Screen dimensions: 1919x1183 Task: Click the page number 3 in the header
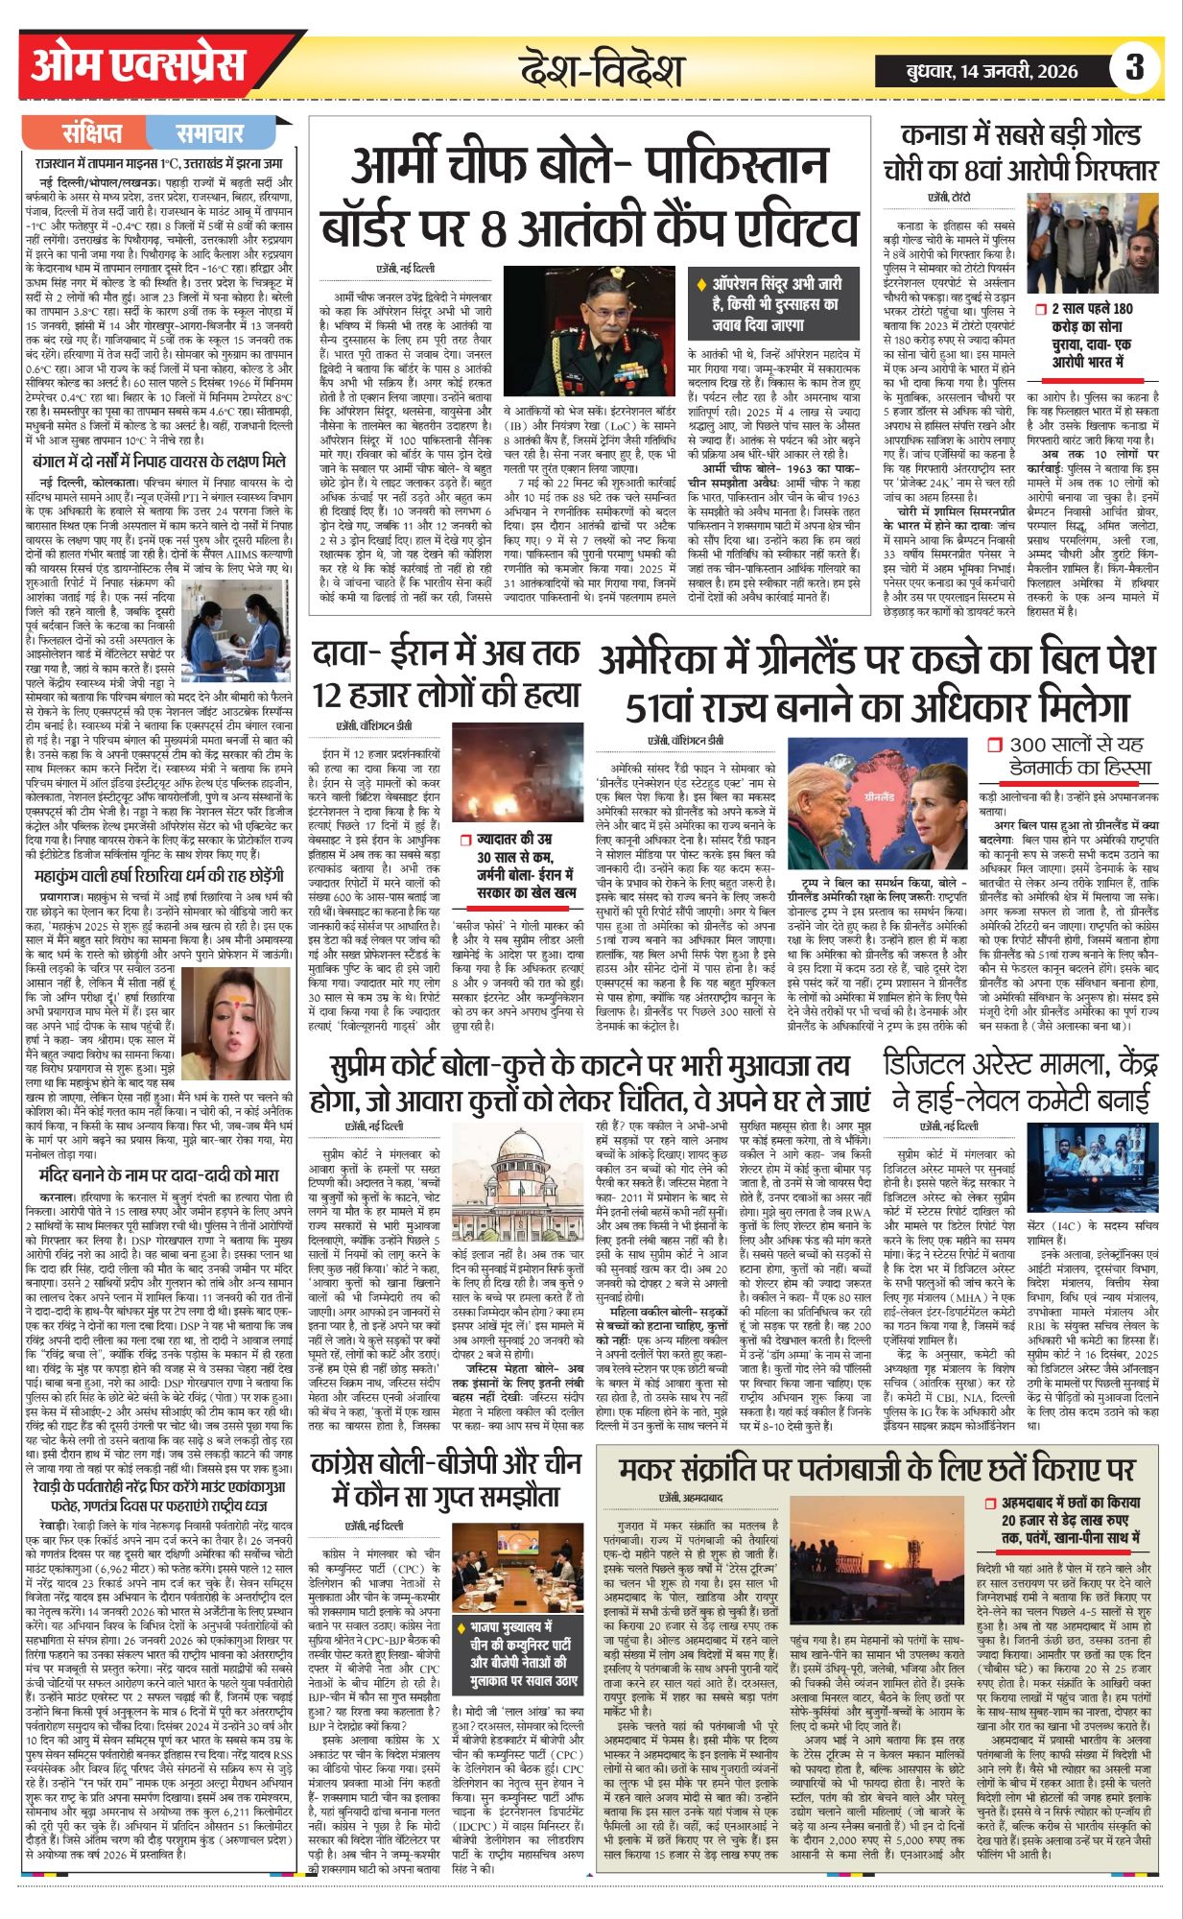(x=1136, y=68)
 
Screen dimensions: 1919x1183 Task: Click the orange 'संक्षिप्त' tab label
(x=92, y=133)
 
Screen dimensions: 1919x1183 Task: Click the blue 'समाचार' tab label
(x=210, y=133)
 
